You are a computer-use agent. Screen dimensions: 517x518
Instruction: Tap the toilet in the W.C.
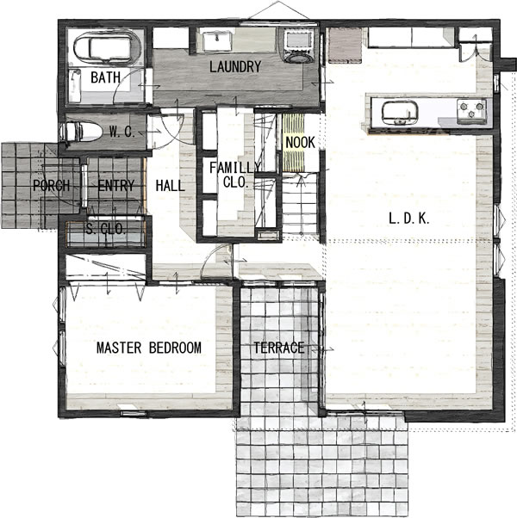point(81,132)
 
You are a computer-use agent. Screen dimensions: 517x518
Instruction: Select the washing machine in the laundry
point(299,46)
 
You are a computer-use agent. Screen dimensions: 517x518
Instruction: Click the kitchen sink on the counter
point(400,113)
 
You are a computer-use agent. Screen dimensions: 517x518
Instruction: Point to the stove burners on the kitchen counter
point(471,110)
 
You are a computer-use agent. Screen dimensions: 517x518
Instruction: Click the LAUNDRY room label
point(235,67)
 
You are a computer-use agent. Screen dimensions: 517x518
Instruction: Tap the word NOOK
point(300,143)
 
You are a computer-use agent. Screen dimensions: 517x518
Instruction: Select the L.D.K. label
point(408,219)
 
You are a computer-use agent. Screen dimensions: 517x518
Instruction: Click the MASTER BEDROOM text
point(149,348)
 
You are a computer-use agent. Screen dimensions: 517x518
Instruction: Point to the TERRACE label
point(279,348)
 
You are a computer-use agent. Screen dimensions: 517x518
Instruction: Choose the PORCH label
point(52,185)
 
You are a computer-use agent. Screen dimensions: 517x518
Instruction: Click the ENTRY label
point(116,185)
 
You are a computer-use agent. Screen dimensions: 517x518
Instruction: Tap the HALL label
point(170,186)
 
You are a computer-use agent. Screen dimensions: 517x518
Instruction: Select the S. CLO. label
point(105,229)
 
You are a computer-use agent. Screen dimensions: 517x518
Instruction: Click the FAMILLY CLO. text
point(235,175)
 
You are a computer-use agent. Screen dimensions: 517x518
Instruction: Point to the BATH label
point(105,77)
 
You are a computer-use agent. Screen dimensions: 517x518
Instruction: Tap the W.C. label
point(122,133)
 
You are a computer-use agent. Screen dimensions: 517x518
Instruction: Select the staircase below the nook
point(299,204)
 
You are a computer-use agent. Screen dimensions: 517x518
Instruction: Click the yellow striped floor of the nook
point(293,142)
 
